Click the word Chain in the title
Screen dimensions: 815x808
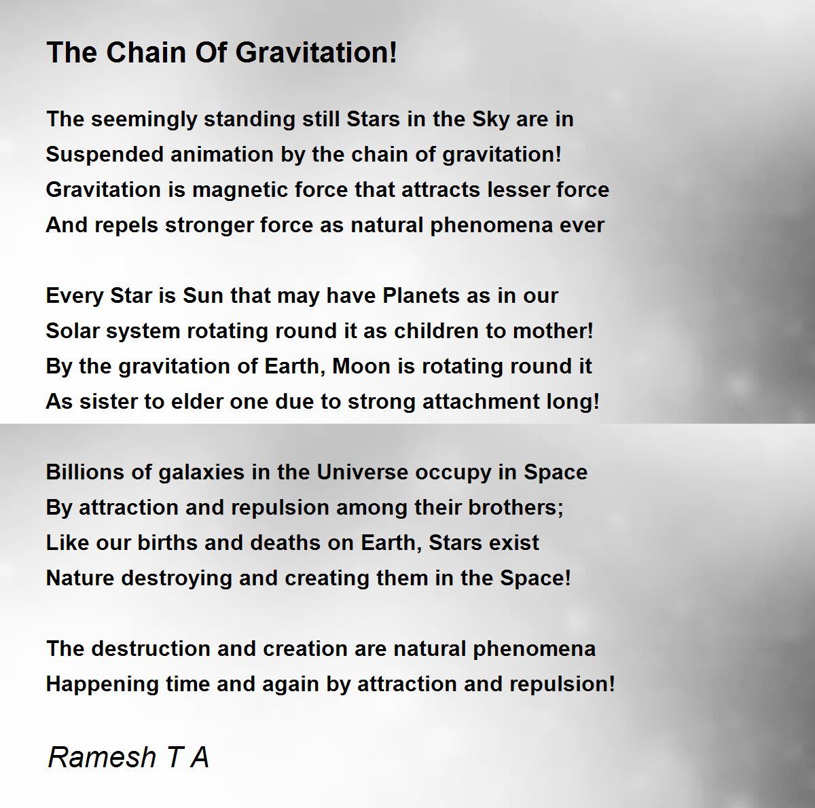point(146,52)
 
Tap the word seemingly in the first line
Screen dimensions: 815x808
point(144,120)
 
